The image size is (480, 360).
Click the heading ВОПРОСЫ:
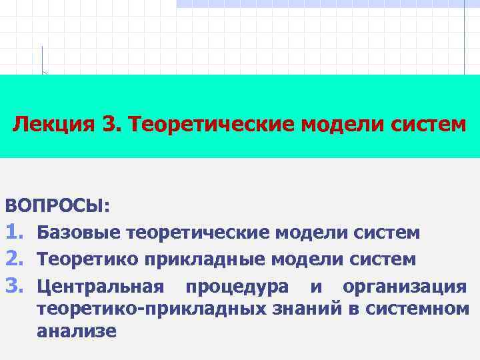click(x=58, y=205)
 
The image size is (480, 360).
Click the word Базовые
click(x=78, y=233)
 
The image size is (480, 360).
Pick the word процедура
click(x=237, y=287)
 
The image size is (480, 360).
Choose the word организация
click(x=405, y=287)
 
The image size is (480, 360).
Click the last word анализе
click(x=77, y=331)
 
